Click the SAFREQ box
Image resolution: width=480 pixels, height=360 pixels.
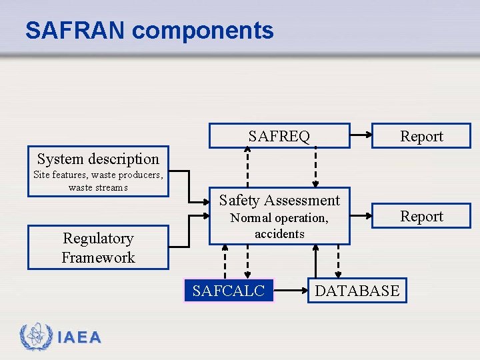279,136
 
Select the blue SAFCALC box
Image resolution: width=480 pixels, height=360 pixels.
229,291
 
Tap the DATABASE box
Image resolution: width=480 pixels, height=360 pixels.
357,291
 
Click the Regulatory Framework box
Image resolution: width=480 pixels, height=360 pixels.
98,248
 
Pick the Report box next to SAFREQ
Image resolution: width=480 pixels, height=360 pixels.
421,136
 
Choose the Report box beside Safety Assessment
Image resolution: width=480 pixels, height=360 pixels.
421,216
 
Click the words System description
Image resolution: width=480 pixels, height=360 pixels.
98,159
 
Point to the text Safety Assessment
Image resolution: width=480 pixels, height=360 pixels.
279,200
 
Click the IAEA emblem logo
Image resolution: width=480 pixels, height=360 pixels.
35,337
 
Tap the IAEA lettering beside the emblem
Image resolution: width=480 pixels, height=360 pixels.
79,338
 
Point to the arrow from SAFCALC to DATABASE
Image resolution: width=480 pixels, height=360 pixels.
291,291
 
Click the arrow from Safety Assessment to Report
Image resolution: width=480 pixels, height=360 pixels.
361,216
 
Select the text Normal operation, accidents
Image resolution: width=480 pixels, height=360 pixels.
279,226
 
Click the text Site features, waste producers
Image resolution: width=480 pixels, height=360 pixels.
98,175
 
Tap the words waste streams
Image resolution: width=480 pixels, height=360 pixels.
98,187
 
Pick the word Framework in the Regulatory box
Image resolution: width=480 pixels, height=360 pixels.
98,258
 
